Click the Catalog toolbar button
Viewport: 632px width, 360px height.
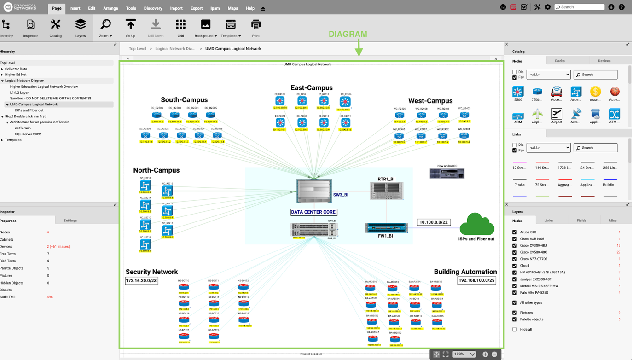(56, 28)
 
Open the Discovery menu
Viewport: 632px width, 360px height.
(153, 8)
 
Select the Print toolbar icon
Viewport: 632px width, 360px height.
(255, 28)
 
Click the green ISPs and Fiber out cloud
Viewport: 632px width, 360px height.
(477, 224)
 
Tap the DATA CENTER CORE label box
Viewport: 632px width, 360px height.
(313, 212)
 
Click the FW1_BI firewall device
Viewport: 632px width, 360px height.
(386, 228)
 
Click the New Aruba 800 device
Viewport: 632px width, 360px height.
(446, 174)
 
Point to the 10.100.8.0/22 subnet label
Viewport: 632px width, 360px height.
(434, 222)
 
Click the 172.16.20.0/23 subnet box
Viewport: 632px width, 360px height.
(141, 280)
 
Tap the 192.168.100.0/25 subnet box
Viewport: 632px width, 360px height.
(476, 280)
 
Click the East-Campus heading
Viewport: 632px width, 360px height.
(311, 88)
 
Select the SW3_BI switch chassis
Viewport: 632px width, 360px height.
(314, 191)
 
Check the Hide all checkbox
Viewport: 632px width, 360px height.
(515, 330)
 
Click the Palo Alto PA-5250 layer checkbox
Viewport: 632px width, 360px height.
(515, 292)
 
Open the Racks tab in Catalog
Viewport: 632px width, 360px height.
(560, 61)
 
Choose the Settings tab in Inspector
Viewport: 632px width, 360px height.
(70, 221)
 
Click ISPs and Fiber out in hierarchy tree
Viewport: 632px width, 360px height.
(29, 110)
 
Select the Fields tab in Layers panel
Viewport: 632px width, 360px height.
(581, 221)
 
